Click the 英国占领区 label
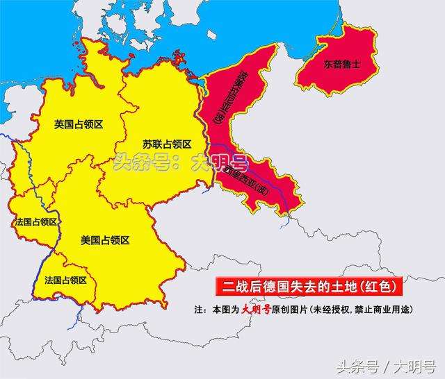(79, 124)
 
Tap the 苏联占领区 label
(167, 144)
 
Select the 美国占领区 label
(105, 240)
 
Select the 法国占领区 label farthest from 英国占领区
(65, 280)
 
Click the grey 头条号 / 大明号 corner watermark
(386, 365)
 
